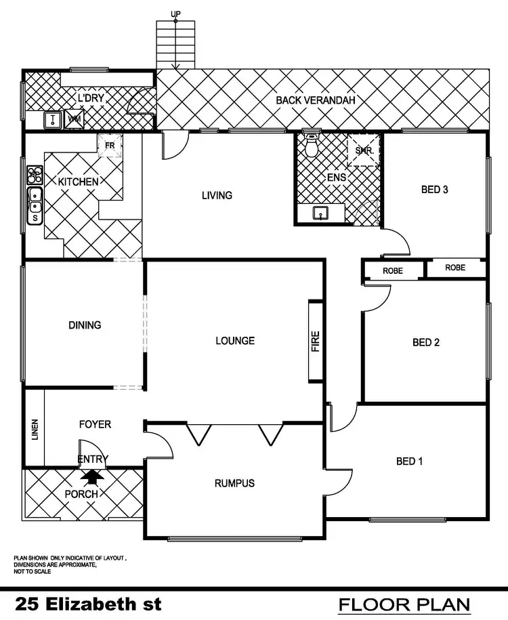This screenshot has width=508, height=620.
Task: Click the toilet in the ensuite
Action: (x=312, y=146)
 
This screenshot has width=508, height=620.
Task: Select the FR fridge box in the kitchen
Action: (x=109, y=144)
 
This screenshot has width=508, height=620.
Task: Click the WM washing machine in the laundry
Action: (x=73, y=120)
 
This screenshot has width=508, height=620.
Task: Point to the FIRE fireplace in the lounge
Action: (x=316, y=341)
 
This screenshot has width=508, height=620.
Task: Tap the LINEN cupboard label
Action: (x=35, y=430)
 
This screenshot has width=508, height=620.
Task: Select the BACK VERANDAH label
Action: (x=316, y=100)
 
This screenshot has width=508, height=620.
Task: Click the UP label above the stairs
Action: (x=175, y=13)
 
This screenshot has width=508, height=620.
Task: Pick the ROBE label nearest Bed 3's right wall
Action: (x=455, y=268)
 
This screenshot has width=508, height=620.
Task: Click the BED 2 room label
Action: (x=426, y=342)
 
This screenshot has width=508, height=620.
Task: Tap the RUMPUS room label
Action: (x=234, y=483)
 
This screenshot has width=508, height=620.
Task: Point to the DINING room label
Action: (x=85, y=325)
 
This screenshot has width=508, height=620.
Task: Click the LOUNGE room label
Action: (x=235, y=340)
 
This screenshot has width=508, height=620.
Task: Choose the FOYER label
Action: (x=95, y=425)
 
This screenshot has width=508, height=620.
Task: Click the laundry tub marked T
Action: (x=53, y=120)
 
